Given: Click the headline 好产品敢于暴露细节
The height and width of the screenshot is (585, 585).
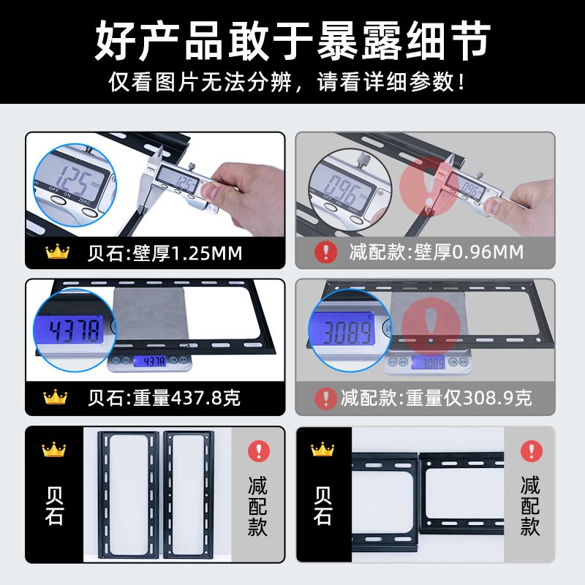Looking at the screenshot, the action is point(292,41).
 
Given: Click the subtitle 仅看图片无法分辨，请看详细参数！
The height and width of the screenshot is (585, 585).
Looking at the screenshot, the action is point(287,82).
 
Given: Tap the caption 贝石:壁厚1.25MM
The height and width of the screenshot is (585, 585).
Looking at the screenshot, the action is point(165,253).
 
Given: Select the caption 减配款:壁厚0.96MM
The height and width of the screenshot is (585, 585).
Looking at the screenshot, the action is point(437,252).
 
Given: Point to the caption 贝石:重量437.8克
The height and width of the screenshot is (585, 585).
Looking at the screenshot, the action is point(164,398).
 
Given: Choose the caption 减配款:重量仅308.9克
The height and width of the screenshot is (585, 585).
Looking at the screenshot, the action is point(436,398).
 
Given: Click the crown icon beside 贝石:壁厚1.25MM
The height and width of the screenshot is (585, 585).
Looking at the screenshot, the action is point(58,252).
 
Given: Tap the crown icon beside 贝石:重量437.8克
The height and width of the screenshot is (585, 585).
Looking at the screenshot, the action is point(56,397).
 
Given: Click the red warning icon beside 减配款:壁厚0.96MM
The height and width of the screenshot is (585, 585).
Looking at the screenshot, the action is point(325,252).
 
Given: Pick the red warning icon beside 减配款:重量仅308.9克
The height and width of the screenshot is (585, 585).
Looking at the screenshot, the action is point(325,398).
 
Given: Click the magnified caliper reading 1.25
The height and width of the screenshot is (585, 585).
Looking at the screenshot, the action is point(78,182).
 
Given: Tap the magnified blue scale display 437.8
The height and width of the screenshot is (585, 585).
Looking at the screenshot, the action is point(75,330).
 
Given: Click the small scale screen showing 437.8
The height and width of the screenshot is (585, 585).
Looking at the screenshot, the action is point(150,361).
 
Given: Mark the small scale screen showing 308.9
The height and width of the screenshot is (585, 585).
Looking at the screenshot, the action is point(429,363).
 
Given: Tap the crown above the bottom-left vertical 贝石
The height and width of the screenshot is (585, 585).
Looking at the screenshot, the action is point(53,450).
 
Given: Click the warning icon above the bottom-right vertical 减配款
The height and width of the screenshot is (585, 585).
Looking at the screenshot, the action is point(532,451).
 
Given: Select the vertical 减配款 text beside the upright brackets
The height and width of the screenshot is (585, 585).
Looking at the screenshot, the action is point(258,506).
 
